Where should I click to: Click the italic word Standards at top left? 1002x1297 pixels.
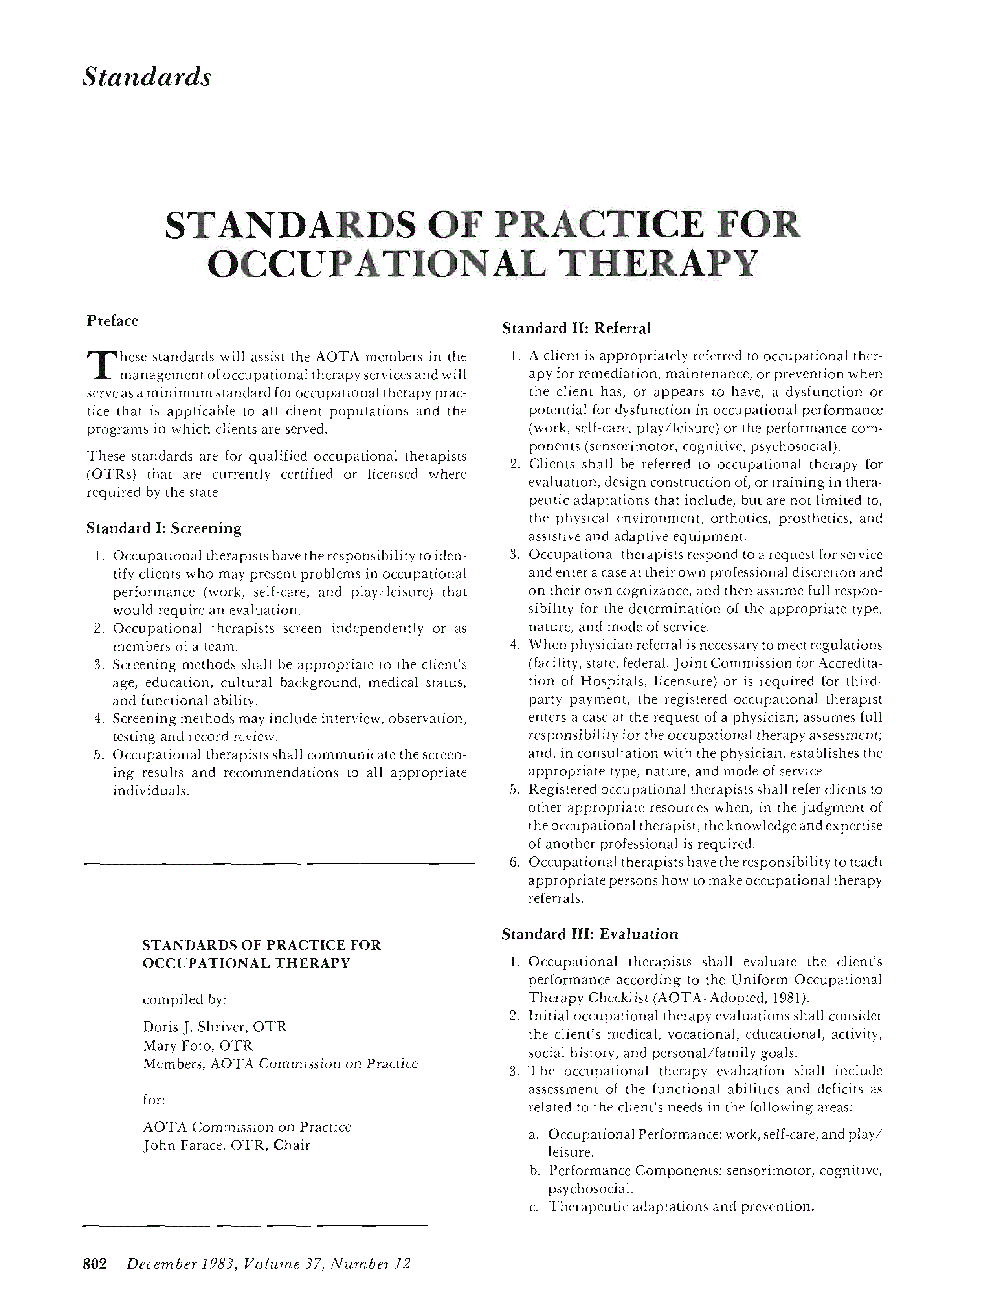(x=146, y=77)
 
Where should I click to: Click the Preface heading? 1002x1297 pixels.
(x=112, y=321)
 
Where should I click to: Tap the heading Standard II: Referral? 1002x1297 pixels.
(x=576, y=328)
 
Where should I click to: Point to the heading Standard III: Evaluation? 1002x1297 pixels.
(x=589, y=934)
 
